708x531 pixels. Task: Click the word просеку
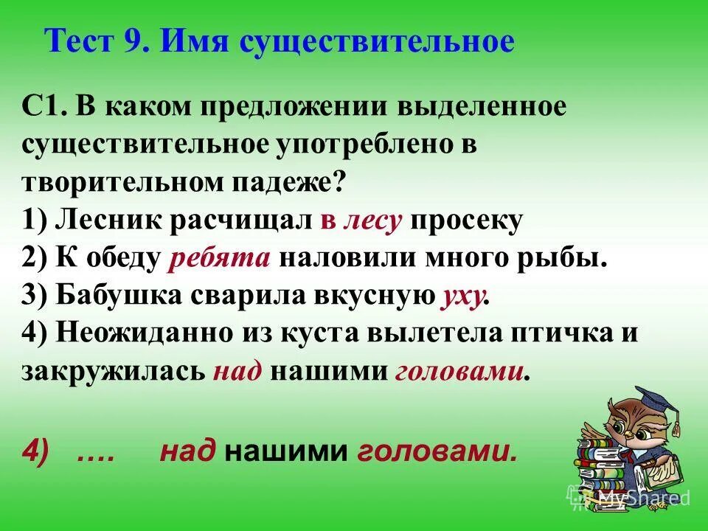pyautogui.click(x=466, y=221)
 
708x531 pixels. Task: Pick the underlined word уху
pyautogui.click(x=462, y=297)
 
